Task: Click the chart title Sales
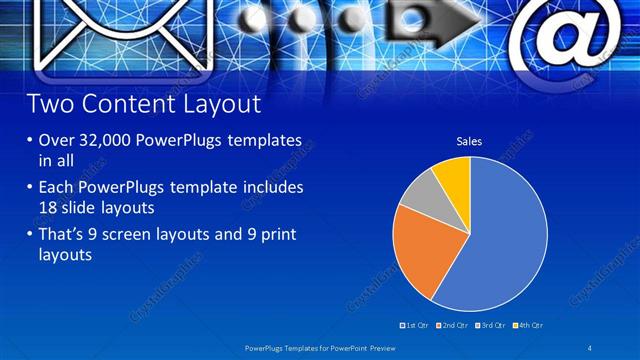[469, 141]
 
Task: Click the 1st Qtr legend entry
[416, 325]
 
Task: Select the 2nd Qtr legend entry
[453, 325]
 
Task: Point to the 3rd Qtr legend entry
[490, 325]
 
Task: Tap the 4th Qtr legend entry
[527, 325]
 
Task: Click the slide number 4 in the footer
[592, 347]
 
